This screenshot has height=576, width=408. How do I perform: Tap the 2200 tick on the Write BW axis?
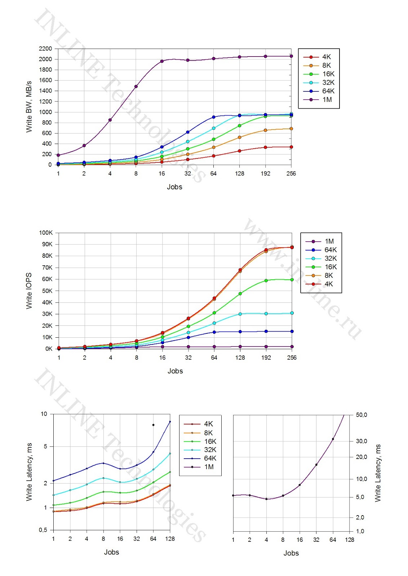point(45,49)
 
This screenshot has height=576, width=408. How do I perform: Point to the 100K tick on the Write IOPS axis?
point(46,233)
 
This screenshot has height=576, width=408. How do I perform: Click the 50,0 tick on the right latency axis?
point(361,415)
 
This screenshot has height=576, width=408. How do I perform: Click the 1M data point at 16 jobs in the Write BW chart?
point(162,61)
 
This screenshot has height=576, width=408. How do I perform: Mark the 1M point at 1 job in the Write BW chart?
point(58,155)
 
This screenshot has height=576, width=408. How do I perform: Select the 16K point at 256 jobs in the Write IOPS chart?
point(292,280)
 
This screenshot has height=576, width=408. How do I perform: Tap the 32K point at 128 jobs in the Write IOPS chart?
point(240,314)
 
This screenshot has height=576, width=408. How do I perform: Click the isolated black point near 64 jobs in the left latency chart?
point(153,425)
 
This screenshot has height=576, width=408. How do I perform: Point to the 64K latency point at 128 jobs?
point(170,422)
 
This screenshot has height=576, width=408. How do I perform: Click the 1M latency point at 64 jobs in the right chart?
point(333,439)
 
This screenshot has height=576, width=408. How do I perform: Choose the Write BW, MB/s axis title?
point(29,107)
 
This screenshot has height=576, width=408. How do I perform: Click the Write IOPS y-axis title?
point(29,291)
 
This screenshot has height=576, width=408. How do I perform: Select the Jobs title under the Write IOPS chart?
point(175,371)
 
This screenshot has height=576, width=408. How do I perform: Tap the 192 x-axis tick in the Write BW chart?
point(265,174)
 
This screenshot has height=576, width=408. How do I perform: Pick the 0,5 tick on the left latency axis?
point(43,530)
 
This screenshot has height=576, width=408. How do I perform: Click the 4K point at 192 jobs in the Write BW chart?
point(265,147)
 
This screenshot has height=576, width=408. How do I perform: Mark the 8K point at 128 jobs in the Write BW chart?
point(239,138)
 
